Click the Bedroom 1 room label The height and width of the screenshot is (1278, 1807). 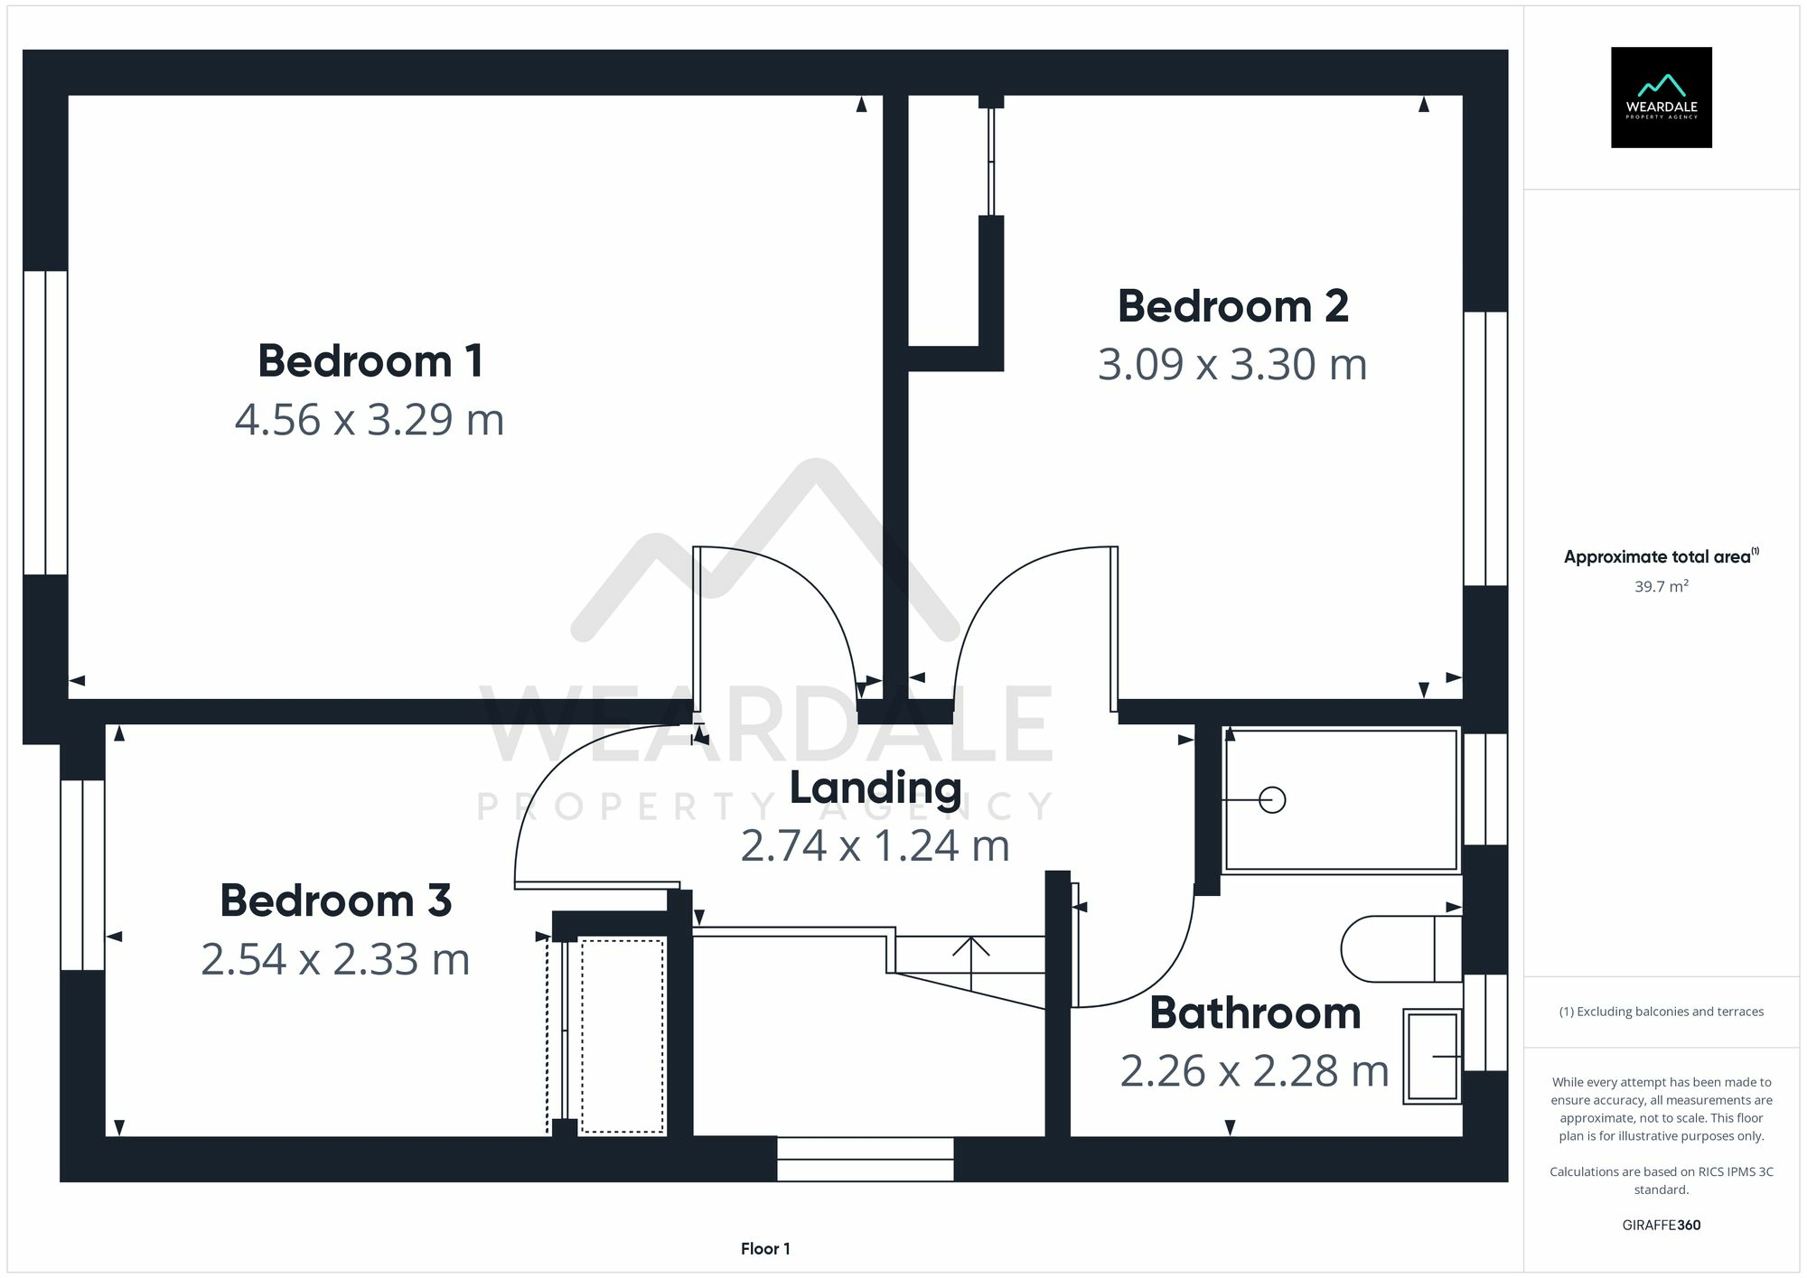370,361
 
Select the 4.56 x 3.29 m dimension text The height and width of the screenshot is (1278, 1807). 369,420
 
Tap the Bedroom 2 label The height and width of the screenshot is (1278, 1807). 1232,306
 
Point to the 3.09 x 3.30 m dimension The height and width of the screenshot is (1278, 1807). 1232,365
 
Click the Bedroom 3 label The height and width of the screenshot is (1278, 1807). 335,900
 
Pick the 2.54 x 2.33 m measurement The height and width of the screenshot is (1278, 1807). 335,959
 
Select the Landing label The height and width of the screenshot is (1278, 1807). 875,788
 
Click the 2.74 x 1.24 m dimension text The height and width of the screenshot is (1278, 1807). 875,846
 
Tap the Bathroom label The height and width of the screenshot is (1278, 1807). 1255,1012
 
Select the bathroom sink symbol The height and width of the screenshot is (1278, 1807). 1433,1056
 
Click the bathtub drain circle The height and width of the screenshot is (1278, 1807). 1272,800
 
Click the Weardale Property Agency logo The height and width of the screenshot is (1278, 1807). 1661,98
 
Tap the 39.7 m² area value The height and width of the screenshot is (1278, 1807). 1661,586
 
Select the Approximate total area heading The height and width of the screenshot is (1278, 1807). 1661,556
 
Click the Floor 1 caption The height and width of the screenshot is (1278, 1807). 765,1249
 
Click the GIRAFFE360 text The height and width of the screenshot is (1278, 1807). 1661,1226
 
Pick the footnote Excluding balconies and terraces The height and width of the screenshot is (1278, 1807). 1661,1012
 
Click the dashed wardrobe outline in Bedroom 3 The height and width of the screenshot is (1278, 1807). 623,1036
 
